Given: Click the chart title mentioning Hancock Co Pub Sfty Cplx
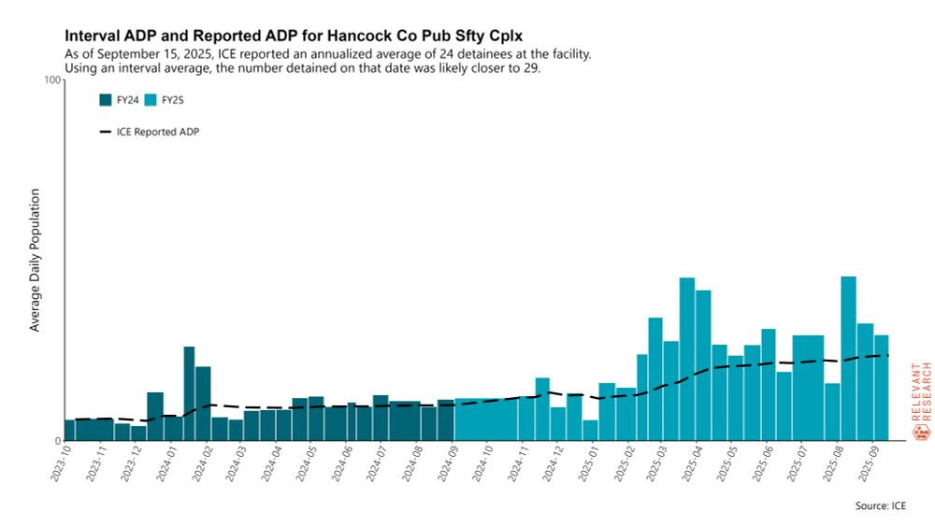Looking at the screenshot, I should click(x=293, y=35).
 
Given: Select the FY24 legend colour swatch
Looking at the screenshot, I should click(x=106, y=100).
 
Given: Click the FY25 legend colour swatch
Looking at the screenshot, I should click(x=151, y=100).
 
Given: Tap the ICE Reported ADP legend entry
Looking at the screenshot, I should click(x=149, y=132).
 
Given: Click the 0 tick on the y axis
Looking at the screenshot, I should click(x=57, y=441).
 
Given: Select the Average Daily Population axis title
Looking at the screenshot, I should click(x=36, y=260).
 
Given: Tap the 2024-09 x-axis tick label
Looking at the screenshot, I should click(x=449, y=462).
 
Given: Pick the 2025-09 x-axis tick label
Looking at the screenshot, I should click(x=870, y=462).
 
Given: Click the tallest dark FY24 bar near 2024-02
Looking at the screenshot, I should click(x=189, y=393).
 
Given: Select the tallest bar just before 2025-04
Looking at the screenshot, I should click(x=687, y=359).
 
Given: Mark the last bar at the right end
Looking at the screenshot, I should click(x=881, y=388).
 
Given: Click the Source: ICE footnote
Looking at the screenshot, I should click(x=880, y=505).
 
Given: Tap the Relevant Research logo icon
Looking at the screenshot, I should click(x=920, y=432).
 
